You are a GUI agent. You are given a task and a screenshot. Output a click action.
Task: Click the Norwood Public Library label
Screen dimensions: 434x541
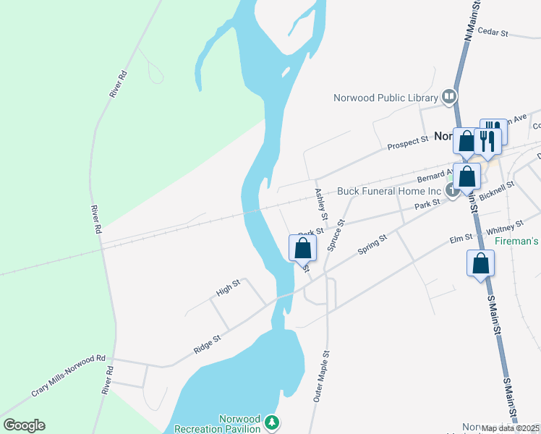coord(385,98)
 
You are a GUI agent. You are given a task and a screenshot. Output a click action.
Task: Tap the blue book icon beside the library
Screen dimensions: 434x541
coord(449,96)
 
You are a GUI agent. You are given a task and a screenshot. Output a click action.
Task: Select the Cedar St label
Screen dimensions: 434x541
coord(494,33)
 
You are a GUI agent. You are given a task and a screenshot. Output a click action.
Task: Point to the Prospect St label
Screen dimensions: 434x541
coord(408,144)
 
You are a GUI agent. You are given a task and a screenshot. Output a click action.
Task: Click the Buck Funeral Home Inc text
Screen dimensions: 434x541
coord(389,192)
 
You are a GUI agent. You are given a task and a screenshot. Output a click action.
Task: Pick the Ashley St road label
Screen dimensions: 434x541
coord(321,205)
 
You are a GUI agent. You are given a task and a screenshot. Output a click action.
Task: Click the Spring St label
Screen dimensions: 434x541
coord(373,244)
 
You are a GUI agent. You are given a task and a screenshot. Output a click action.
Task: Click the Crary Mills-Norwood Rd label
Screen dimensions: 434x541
coord(68,375)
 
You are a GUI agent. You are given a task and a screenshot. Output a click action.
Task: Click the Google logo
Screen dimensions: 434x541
coord(24,425)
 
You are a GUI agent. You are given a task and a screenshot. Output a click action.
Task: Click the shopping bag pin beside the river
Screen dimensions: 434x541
coord(303,249)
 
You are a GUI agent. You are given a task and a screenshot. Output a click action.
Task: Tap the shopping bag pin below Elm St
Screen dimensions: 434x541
coord(481,263)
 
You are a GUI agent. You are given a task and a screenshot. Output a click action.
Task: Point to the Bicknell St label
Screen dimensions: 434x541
coord(496,193)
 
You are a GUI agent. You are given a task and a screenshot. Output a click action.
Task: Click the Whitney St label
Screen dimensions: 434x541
coord(504,230)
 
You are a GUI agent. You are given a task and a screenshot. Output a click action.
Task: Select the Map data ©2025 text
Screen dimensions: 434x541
coord(510,428)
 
